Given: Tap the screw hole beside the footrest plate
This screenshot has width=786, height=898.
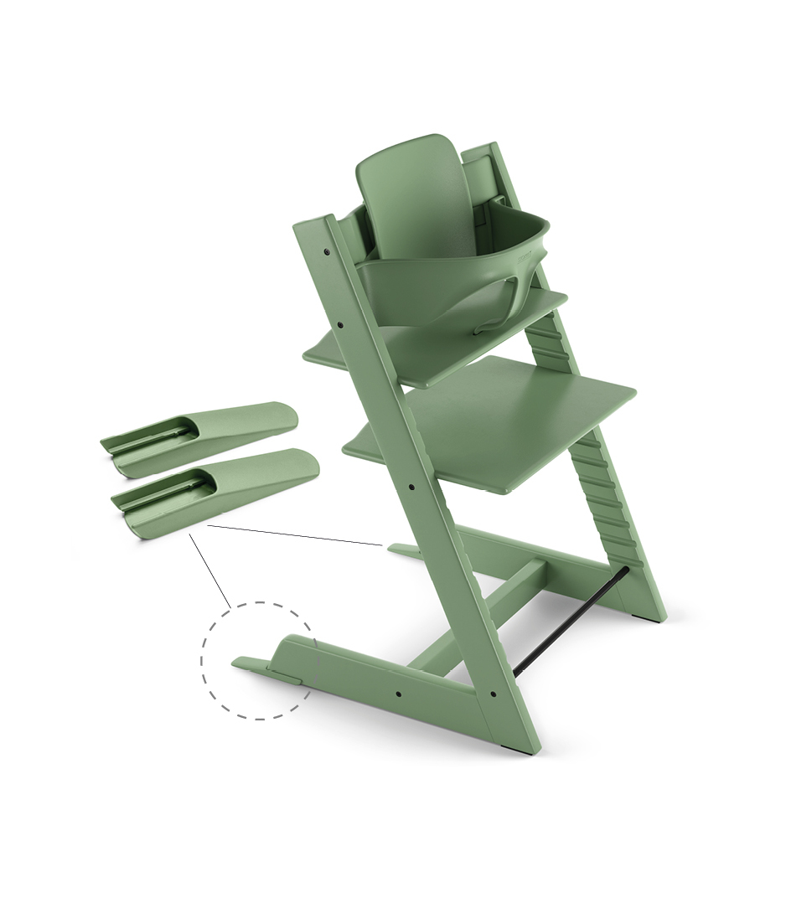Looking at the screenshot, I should pyautogui.click(x=416, y=483).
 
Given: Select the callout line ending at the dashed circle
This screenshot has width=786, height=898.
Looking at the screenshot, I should pyautogui.click(x=209, y=570).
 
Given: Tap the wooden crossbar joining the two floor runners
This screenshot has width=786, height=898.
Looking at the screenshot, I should pyautogui.click(x=486, y=612).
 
